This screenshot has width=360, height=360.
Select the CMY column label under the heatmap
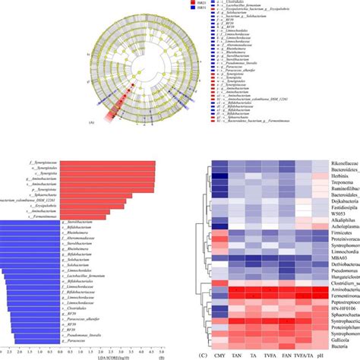coord(220,352)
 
